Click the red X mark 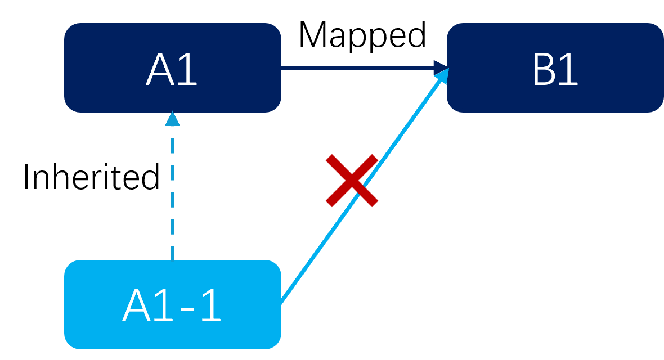[x=352, y=180]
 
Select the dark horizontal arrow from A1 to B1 [x=360, y=67]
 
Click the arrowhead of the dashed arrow [x=172, y=119]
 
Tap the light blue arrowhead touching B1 [x=442, y=75]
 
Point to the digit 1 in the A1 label [x=189, y=70]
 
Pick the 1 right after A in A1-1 [x=164, y=307]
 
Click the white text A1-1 [x=172, y=307]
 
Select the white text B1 [x=555, y=70]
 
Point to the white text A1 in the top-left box [x=172, y=70]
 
